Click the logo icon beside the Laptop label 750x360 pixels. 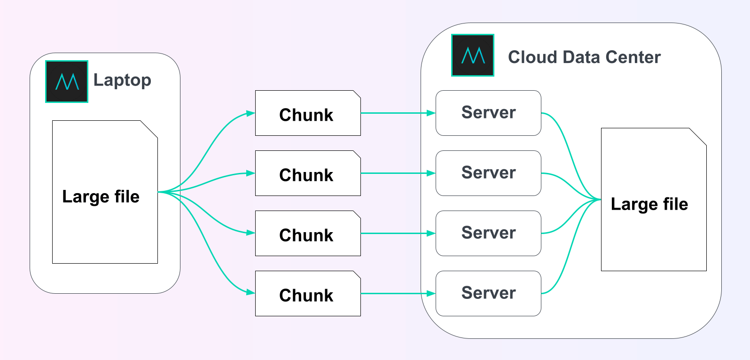coord(67,82)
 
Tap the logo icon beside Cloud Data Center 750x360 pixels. coord(473,55)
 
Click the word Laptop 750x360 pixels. coord(122,80)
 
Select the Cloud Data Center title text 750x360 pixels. coord(584,57)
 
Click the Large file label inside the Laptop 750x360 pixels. coord(101,196)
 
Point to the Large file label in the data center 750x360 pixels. coord(649,204)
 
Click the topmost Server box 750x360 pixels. coord(488,113)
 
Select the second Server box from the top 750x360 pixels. coord(488,173)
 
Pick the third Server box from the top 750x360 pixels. coord(488,234)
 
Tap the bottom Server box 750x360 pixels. coord(488,294)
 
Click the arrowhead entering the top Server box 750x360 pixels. coord(431,113)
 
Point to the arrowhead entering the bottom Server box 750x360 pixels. coord(431,294)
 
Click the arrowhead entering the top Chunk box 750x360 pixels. coord(250,113)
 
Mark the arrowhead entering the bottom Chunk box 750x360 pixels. coord(250,292)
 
